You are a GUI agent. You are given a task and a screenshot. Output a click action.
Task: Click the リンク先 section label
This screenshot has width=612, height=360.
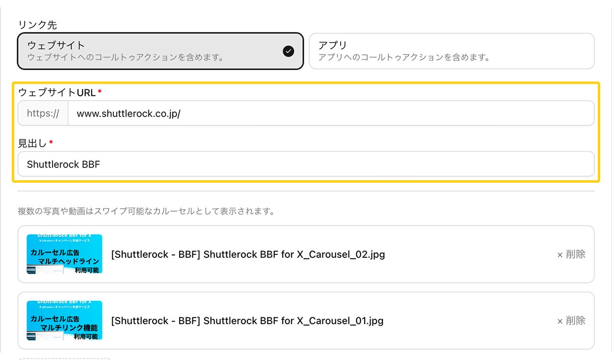(x=37, y=25)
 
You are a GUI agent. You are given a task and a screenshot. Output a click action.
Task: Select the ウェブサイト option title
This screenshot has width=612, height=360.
(x=56, y=45)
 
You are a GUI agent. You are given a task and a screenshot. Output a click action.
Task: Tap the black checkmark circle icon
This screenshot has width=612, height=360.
(x=289, y=51)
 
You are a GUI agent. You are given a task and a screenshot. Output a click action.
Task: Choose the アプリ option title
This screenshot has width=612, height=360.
(x=332, y=45)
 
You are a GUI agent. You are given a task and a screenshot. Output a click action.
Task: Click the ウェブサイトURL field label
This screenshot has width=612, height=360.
(x=56, y=92)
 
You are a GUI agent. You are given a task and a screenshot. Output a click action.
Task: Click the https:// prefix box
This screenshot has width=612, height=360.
(x=43, y=113)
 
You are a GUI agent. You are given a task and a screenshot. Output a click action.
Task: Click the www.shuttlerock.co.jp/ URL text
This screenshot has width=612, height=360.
(x=129, y=113)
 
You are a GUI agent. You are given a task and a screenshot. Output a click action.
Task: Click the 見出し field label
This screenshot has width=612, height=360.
(x=32, y=143)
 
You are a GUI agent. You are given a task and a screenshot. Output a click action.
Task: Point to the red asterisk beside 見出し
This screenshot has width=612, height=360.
(x=51, y=143)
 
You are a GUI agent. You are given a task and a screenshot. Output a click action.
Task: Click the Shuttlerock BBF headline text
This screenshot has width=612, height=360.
(x=63, y=165)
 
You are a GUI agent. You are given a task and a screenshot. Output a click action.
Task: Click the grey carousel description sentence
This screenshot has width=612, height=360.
(x=146, y=212)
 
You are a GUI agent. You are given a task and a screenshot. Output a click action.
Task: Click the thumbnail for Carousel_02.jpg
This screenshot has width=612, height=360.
(x=64, y=254)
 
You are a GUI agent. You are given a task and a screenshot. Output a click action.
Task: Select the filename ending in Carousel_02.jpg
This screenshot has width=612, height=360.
(x=248, y=254)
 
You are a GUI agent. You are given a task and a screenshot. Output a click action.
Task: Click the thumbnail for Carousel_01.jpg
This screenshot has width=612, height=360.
(x=64, y=320)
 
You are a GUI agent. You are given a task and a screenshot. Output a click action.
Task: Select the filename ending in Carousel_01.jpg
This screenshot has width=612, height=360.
(x=247, y=321)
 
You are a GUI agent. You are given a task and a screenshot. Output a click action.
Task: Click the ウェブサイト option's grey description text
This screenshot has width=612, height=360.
(x=126, y=57)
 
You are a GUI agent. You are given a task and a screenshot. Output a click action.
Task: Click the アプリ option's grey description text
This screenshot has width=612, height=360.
(x=404, y=57)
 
